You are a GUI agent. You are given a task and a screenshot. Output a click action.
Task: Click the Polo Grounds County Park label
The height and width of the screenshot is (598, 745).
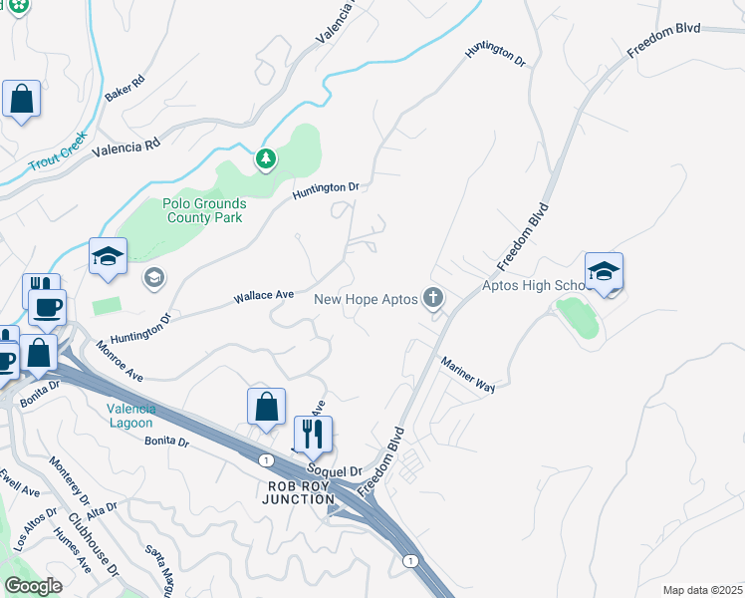[x=204, y=210]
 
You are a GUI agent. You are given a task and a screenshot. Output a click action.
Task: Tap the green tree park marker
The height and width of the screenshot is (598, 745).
[x=265, y=158]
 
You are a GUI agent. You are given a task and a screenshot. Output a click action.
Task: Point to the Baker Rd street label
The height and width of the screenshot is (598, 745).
[x=125, y=91]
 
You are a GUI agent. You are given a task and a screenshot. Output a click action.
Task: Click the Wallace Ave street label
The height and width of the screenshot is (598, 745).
[x=263, y=296]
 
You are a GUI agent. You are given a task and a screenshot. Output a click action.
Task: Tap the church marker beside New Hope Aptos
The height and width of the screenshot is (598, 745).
[x=432, y=298]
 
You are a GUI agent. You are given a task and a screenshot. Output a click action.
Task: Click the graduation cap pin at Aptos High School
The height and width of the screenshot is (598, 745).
[x=604, y=271]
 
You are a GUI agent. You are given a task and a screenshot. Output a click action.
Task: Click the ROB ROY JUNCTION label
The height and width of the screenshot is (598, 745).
[x=298, y=492]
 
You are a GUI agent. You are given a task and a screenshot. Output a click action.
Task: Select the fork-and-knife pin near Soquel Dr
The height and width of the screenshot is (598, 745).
[x=313, y=434]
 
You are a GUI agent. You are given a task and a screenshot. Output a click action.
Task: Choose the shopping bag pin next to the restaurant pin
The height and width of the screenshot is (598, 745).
[x=266, y=407]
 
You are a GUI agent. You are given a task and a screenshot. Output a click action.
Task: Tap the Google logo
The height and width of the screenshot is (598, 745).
[x=33, y=585]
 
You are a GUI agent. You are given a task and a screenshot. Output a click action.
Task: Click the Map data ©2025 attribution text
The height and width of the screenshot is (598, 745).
[x=701, y=590]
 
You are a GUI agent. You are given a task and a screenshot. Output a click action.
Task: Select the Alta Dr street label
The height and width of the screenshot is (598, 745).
[x=102, y=510]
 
